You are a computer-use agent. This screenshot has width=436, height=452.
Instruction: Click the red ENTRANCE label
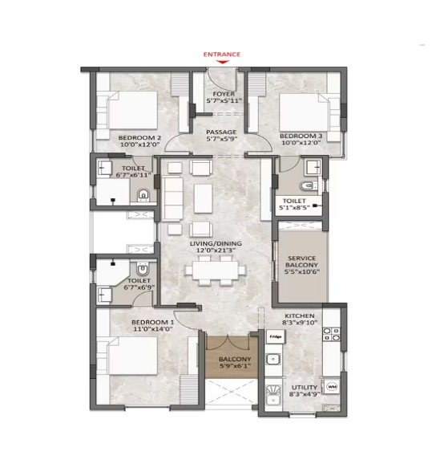point(221,55)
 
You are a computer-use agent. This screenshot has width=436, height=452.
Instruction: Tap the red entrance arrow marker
point(222,62)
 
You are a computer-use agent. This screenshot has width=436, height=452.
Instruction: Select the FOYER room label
point(224,94)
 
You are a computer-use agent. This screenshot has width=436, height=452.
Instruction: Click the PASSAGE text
point(221,132)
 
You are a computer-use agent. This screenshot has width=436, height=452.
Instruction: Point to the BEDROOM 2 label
point(139,138)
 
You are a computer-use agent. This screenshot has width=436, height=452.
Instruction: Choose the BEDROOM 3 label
point(301,136)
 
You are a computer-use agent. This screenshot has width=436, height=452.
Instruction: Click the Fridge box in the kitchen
point(276,336)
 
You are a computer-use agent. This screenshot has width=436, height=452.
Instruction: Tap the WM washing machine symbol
point(332,386)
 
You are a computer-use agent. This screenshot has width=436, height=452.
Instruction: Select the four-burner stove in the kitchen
point(331,334)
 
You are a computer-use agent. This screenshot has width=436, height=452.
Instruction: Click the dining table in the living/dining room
point(216,270)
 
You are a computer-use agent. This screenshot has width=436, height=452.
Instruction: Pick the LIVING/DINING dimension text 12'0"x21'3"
point(216,250)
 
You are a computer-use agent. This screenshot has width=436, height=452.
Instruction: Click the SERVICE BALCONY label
point(301,262)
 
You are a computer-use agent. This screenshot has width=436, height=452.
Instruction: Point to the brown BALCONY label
point(235,359)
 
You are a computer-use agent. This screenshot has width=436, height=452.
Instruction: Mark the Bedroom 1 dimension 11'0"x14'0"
point(153,329)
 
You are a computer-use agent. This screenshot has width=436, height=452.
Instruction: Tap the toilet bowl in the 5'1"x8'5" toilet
point(309,186)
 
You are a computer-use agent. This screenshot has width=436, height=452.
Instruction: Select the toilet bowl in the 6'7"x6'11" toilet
point(143,195)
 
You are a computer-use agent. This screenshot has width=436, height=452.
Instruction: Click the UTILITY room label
point(305,387)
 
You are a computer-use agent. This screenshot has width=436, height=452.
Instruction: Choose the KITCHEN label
point(300,316)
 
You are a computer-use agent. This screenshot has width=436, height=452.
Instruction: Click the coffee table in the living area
point(204,198)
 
